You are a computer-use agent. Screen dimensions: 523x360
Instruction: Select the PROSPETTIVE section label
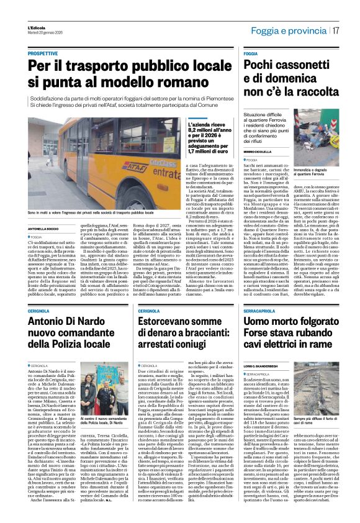tap(46, 55)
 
